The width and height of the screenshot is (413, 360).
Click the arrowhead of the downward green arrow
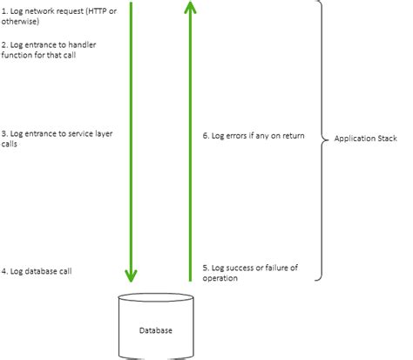coord(132,275)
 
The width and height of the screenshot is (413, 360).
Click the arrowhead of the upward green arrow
coord(191,10)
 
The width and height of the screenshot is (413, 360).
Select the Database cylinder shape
coord(156,336)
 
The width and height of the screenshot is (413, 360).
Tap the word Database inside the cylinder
coord(156,330)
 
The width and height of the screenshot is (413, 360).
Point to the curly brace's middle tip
coord(325,138)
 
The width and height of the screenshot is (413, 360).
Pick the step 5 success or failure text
coord(250,273)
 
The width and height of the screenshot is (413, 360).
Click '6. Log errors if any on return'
coord(254,136)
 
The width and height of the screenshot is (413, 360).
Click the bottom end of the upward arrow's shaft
coord(191,279)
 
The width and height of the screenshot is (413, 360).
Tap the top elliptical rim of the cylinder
coord(156,300)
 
